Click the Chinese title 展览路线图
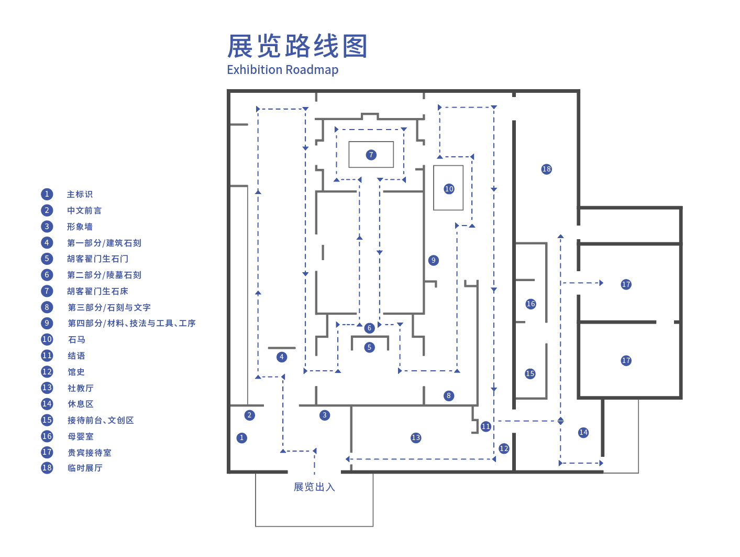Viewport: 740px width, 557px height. point(297,46)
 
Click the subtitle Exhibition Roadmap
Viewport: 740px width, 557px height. point(282,70)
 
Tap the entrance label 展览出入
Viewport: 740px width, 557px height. point(314,487)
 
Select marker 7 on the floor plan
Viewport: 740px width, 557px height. point(371,155)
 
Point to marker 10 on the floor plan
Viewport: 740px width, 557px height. point(449,189)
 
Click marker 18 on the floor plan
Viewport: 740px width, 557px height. point(546,169)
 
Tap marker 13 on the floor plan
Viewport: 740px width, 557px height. point(416,437)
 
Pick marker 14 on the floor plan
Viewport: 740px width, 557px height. point(583,432)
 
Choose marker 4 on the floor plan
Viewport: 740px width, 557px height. point(282,357)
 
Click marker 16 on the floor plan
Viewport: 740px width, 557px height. point(531,304)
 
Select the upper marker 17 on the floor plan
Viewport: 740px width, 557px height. point(626,284)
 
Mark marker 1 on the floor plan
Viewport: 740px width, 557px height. point(241,437)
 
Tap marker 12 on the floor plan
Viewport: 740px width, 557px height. point(504,448)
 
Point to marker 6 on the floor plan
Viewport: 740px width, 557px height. point(370,328)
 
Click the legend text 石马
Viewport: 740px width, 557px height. point(76,339)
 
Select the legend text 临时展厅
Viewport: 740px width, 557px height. point(85,468)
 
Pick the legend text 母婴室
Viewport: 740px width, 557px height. point(81,436)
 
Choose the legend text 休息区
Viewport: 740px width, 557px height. point(81,404)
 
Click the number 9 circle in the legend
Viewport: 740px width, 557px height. point(47,323)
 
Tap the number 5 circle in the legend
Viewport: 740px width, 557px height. point(47,259)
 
